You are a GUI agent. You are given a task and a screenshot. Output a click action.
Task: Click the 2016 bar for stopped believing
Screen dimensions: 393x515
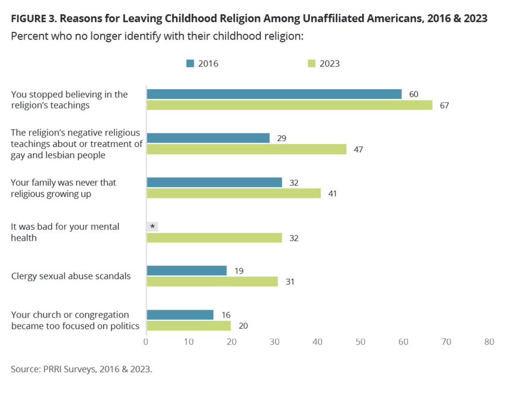pos(274,94)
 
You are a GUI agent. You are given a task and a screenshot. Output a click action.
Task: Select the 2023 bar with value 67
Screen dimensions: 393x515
pos(290,105)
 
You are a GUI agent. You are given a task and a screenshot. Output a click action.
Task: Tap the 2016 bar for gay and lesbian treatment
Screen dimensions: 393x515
pos(208,138)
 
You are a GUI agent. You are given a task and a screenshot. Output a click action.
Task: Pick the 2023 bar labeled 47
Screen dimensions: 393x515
pos(247,149)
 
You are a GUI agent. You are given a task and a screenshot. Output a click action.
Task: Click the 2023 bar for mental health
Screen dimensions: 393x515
pos(214,237)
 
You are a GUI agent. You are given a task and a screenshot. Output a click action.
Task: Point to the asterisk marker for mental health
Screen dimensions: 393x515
pos(152,227)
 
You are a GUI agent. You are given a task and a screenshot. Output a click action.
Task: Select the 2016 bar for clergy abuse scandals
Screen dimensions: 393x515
pos(187,271)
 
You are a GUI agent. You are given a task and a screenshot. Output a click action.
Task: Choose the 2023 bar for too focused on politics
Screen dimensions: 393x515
pos(189,325)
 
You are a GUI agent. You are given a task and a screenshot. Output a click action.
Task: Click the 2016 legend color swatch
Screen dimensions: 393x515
pos(190,63)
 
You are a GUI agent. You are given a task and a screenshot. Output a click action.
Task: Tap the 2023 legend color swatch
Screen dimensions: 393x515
pos(311,63)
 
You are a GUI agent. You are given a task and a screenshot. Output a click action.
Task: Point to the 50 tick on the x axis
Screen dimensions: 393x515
pos(360,342)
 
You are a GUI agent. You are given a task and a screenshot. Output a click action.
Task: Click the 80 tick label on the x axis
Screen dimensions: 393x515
pos(489,342)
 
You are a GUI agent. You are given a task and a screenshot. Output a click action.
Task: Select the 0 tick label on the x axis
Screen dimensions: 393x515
pos(146,342)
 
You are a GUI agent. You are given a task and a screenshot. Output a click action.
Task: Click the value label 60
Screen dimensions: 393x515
pos(414,94)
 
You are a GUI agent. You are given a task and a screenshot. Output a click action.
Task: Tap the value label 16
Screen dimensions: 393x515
pos(226,315)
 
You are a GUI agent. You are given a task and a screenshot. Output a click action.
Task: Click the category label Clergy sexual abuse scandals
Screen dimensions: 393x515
pos(71,276)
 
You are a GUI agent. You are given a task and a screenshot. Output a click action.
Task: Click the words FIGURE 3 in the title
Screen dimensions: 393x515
pos(35,18)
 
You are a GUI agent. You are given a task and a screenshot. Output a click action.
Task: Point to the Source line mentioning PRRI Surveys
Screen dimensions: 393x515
pos(81,369)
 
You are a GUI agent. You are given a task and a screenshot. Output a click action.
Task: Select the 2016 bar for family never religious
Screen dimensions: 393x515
pos(214,182)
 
